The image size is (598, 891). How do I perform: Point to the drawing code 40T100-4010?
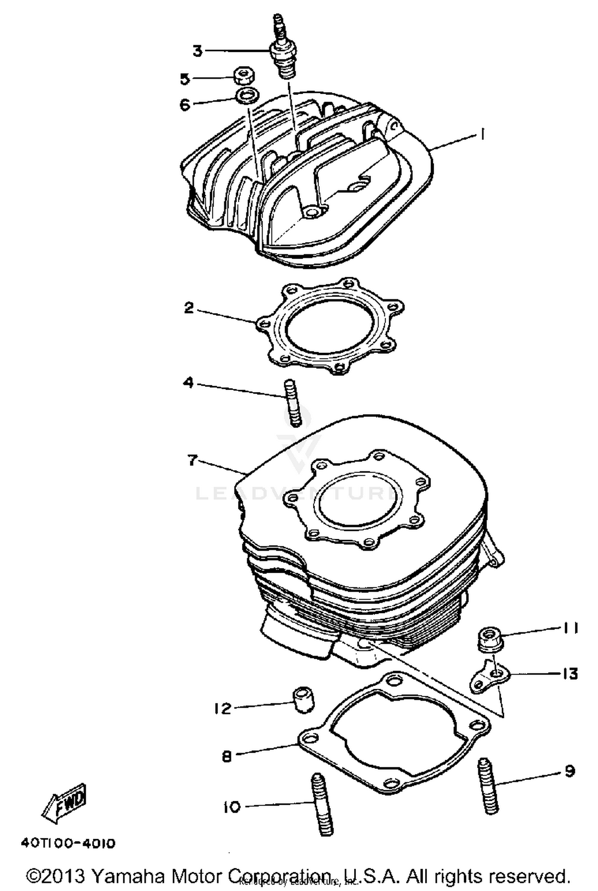coord(68,844)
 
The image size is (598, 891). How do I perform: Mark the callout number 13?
coord(570,674)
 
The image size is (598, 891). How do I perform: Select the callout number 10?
coord(232,807)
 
